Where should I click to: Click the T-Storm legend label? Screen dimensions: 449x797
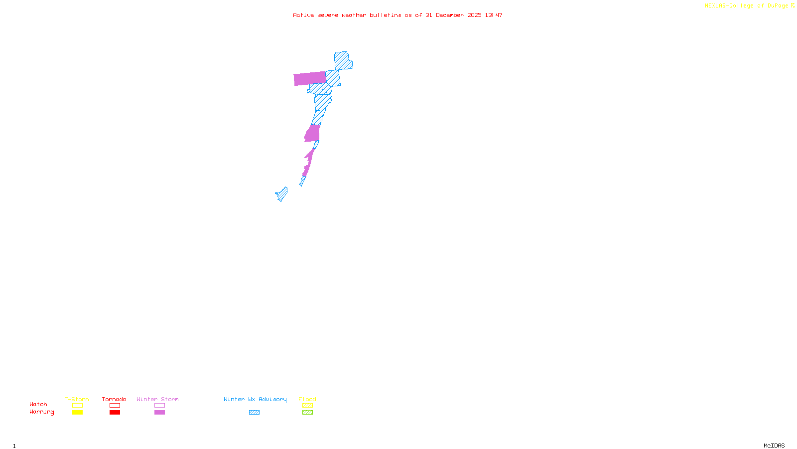pos(77,399)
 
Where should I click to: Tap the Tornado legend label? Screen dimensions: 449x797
pos(114,399)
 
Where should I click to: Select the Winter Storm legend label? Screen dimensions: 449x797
pos(157,399)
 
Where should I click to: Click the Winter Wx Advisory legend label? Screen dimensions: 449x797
pos(255,399)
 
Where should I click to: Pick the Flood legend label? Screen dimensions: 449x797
pos(307,399)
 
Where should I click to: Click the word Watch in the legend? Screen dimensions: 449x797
pos(38,404)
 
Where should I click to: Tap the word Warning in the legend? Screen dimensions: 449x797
pos(41,412)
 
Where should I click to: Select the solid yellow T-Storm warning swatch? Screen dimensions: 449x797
pos(77,413)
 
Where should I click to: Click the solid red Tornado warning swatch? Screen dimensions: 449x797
pos(115,413)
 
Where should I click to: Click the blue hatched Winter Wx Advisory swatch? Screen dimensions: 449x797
pos(254,413)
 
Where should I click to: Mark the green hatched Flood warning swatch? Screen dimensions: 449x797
pos(307,413)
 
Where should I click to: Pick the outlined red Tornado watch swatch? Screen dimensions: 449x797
pos(115,406)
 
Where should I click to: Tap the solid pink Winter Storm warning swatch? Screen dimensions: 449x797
pos(159,413)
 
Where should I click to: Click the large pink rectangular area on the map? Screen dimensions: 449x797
pos(309,78)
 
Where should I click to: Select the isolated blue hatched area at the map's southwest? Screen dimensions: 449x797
pos(282,194)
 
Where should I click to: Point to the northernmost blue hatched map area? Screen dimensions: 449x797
pos(342,60)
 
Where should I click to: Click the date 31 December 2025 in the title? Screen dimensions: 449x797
pos(453,15)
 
